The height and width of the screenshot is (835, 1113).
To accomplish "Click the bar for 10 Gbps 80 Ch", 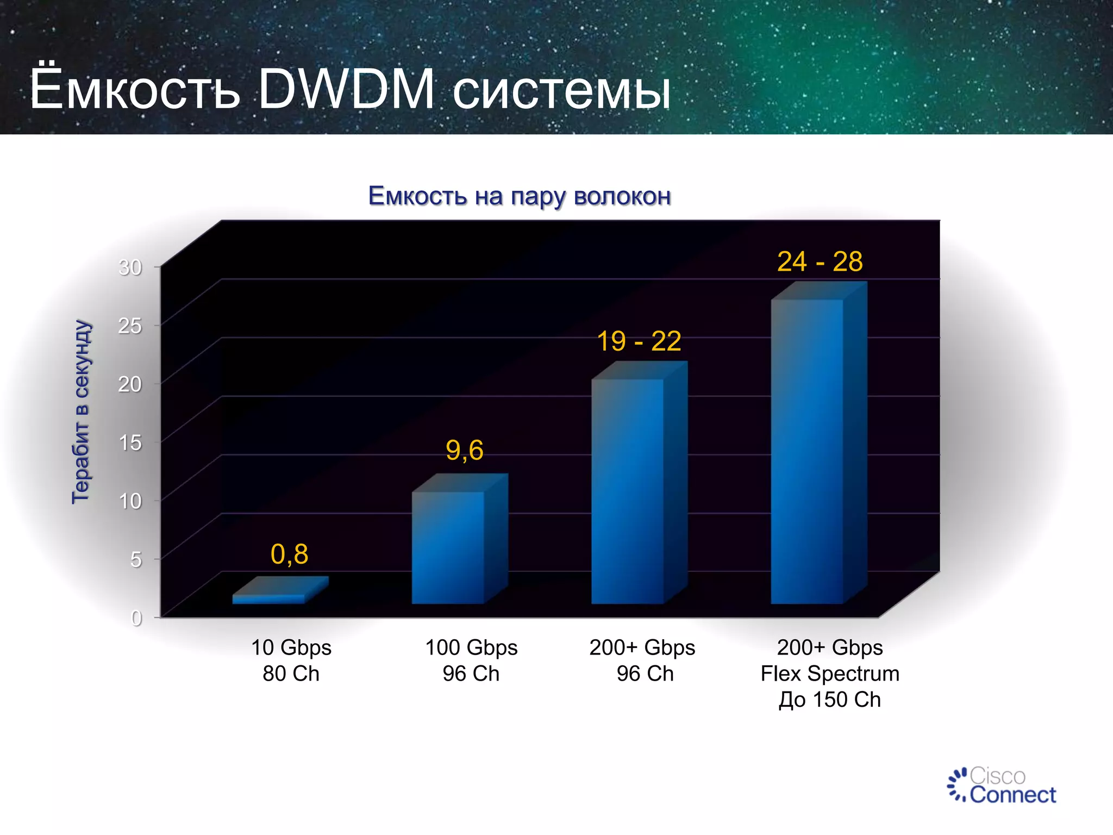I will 270,599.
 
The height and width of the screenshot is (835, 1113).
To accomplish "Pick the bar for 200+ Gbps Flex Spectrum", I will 807,451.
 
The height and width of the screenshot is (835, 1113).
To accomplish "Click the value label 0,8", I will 289,554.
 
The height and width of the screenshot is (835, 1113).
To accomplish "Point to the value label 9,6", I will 464,450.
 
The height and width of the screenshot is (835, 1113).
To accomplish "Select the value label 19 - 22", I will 639,341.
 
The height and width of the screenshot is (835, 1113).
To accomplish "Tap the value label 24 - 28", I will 820,261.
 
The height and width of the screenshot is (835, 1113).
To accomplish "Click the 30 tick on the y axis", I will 130,267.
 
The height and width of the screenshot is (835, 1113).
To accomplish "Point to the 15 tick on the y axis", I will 130,443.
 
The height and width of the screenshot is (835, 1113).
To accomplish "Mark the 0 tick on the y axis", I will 136,618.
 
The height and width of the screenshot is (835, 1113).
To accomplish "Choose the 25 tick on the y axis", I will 130,326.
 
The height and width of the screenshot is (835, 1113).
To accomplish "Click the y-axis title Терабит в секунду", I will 81,412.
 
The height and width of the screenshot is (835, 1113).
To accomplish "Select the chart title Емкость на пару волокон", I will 520,196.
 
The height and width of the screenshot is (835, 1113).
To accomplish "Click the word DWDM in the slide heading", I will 346,90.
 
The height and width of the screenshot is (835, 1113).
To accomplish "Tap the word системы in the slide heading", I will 561,91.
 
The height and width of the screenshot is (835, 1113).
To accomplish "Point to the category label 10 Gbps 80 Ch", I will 291,660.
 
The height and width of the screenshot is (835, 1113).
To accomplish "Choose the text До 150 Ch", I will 829,700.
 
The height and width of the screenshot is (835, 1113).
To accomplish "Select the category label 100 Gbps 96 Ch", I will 471,660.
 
